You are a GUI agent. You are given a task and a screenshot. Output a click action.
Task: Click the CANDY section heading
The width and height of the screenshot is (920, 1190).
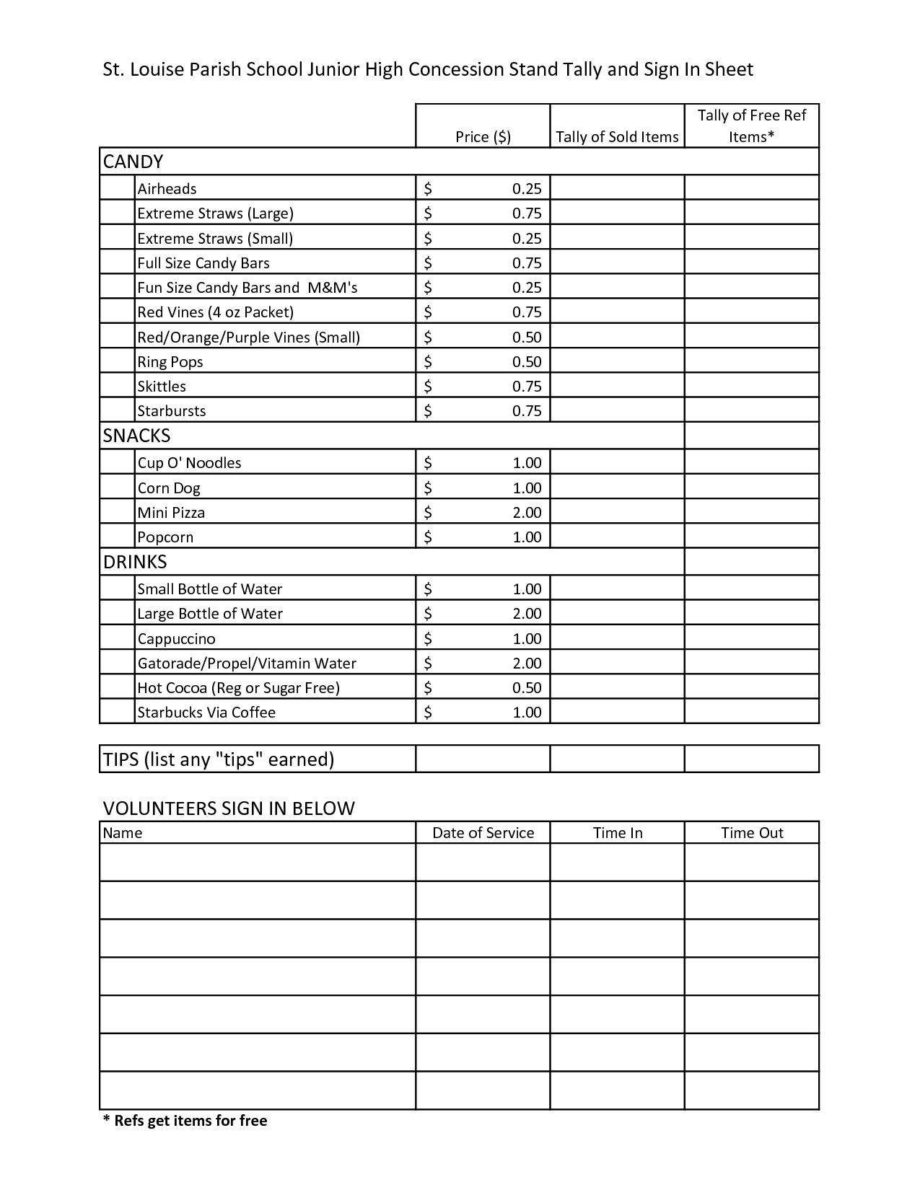coord(133,162)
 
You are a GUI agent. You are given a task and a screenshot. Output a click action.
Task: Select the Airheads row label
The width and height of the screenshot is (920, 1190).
coord(167,189)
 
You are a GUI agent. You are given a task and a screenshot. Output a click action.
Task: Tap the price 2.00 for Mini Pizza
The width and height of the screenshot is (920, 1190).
coord(527,513)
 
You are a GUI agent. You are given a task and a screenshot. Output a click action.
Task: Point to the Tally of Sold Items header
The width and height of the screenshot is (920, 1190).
coord(617,137)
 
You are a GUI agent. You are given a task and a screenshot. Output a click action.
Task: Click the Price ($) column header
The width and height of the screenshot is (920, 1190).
coord(483,137)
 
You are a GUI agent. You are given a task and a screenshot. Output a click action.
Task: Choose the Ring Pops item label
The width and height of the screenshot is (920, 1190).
coord(170,362)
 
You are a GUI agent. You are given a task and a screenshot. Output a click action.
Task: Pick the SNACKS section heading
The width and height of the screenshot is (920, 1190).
coord(137,436)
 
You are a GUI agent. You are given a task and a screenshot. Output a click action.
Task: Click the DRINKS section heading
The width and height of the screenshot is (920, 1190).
coord(135,562)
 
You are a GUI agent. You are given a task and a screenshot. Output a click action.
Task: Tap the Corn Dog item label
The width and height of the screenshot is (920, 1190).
coord(169,488)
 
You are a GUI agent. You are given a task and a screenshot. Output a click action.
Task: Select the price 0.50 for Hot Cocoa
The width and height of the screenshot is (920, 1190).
coord(527,688)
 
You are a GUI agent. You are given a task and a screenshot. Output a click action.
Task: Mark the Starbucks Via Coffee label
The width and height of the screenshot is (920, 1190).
coord(206,713)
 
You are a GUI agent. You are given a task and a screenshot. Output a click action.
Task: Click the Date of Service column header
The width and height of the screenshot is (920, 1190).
coord(483,833)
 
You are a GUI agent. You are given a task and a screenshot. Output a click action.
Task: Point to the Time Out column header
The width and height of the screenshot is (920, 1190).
coord(752,833)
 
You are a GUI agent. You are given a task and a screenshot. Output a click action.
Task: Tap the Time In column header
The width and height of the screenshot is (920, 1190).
coord(618,833)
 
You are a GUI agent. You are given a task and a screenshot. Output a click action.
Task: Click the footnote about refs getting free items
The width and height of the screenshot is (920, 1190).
coord(185,1121)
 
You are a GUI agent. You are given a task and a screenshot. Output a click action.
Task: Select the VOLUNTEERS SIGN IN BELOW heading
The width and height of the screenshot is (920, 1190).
coord(229,808)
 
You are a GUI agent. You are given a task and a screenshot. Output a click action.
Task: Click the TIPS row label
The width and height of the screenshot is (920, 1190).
coord(219,759)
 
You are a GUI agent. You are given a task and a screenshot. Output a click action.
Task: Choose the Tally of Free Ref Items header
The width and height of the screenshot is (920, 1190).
coord(752,125)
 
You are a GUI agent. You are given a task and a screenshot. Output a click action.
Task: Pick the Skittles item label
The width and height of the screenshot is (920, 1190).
coord(162,387)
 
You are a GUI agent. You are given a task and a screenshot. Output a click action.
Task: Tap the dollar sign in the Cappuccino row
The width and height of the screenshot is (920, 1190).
coord(428,639)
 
